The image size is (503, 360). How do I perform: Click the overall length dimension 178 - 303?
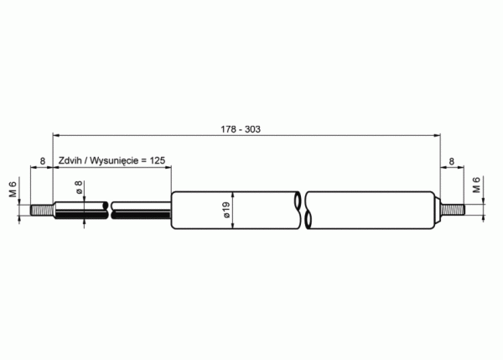point(241,129)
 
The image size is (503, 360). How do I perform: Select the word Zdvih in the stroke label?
point(70,160)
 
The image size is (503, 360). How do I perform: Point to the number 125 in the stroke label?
point(158,160)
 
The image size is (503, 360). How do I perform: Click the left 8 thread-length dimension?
point(43,161)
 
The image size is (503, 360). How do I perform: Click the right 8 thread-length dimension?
point(452,161)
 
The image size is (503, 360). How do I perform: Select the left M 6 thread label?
point(13,189)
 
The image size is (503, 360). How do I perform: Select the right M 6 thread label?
point(476,185)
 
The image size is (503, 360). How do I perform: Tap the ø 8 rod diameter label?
point(79,187)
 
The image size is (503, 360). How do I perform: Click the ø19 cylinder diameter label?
point(226,210)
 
